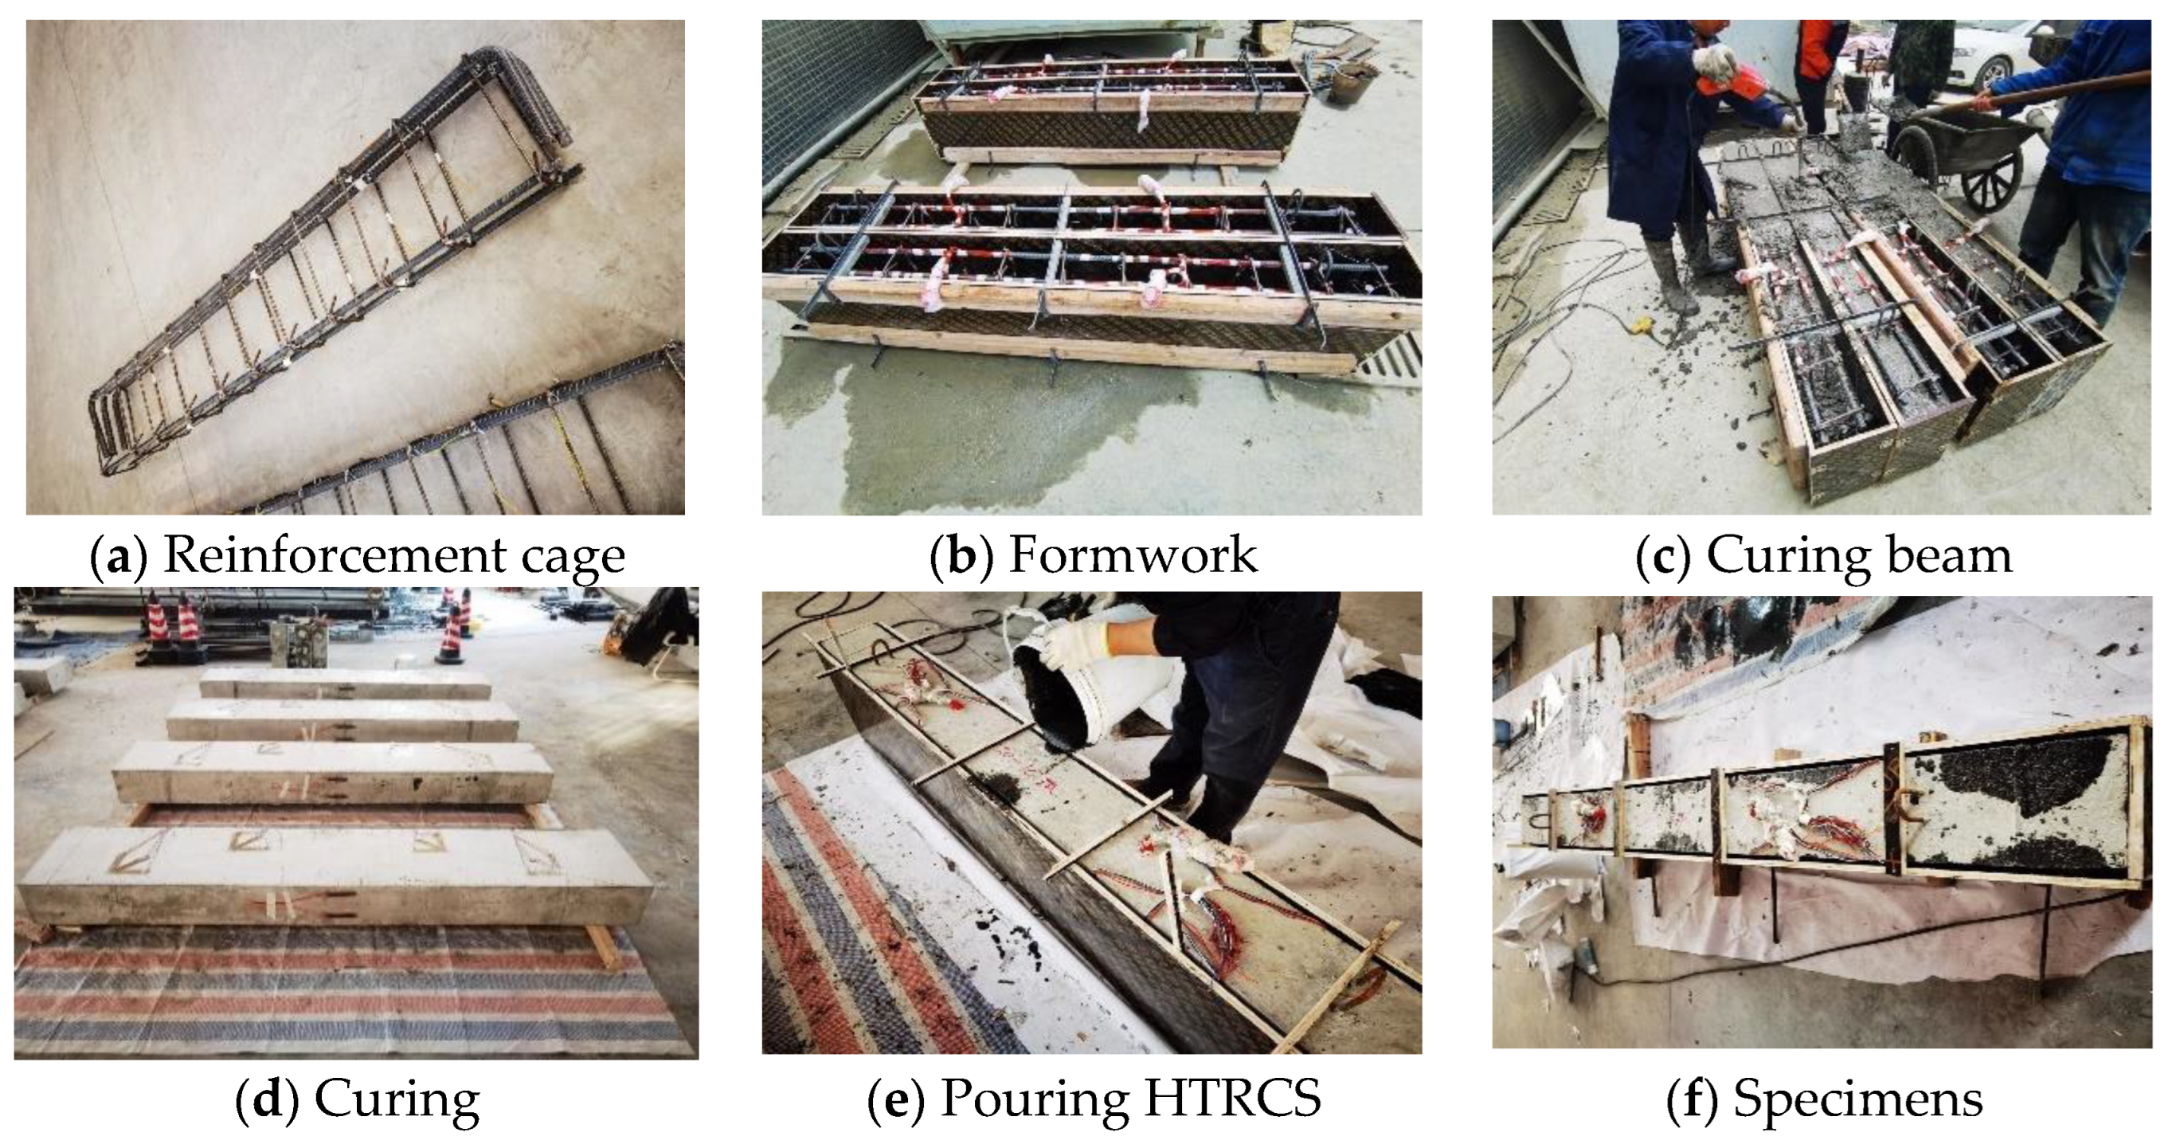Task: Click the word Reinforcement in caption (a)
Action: tap(334, 555)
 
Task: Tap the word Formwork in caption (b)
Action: tap(1133, 555)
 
